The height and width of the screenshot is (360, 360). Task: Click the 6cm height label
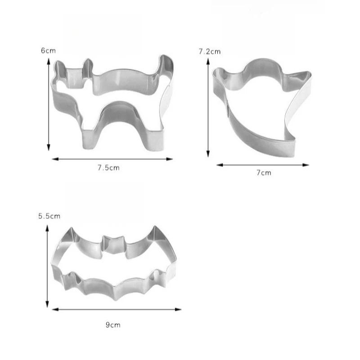[48, 50]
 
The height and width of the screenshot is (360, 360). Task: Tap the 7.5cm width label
[108, 168]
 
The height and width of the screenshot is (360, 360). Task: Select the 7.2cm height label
[210, 52]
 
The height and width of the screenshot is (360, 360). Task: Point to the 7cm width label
[264, 173]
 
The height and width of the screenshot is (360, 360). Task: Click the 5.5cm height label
[49, 216]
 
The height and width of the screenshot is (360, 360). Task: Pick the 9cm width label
[113, 325]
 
